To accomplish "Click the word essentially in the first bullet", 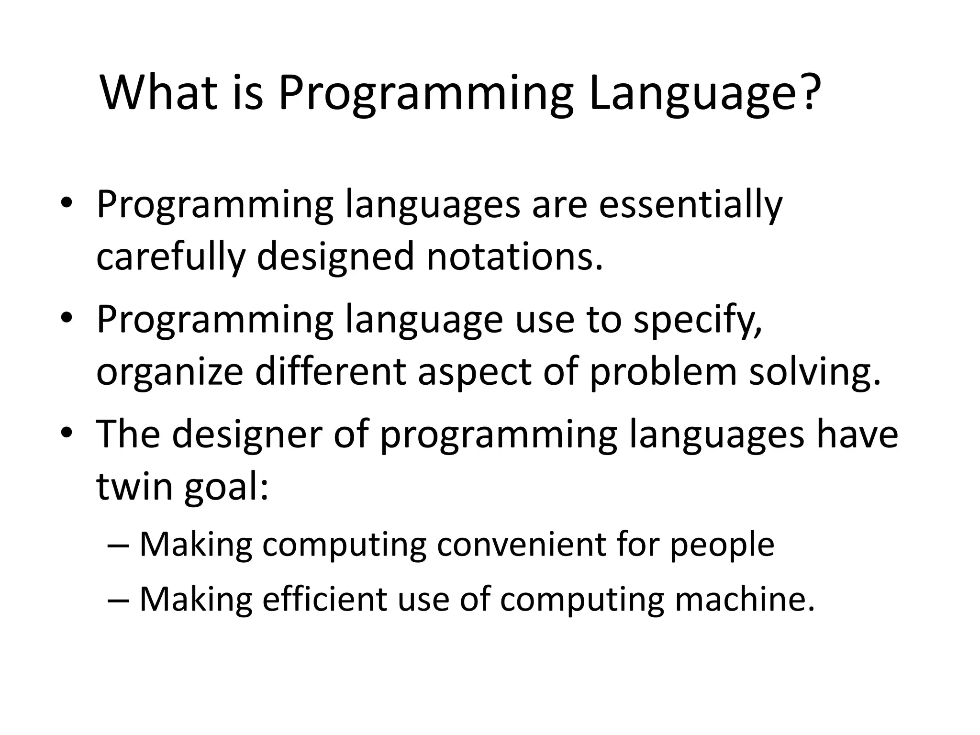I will [x=690, y=205].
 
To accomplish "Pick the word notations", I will [x=514, y=256].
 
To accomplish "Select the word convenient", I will [x=522, y=545].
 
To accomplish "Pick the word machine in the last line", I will [x=744, y=599].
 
